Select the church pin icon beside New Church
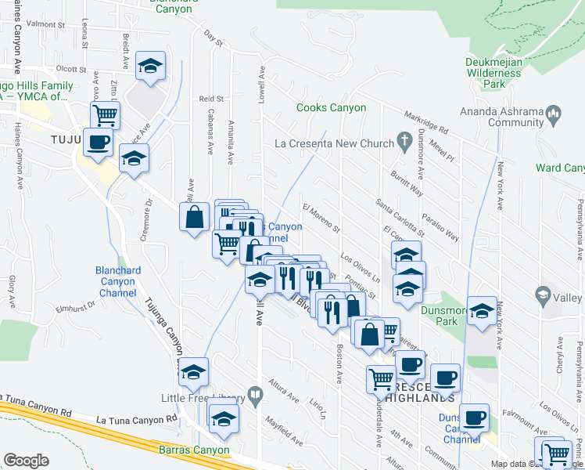[x=404, y=142]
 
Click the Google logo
[x=26, y=461]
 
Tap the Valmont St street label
[x=44, y=24]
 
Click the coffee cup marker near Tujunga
[x=99, y=143]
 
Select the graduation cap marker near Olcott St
[x=149, y=67]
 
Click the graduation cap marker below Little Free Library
[x=224, y=421]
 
